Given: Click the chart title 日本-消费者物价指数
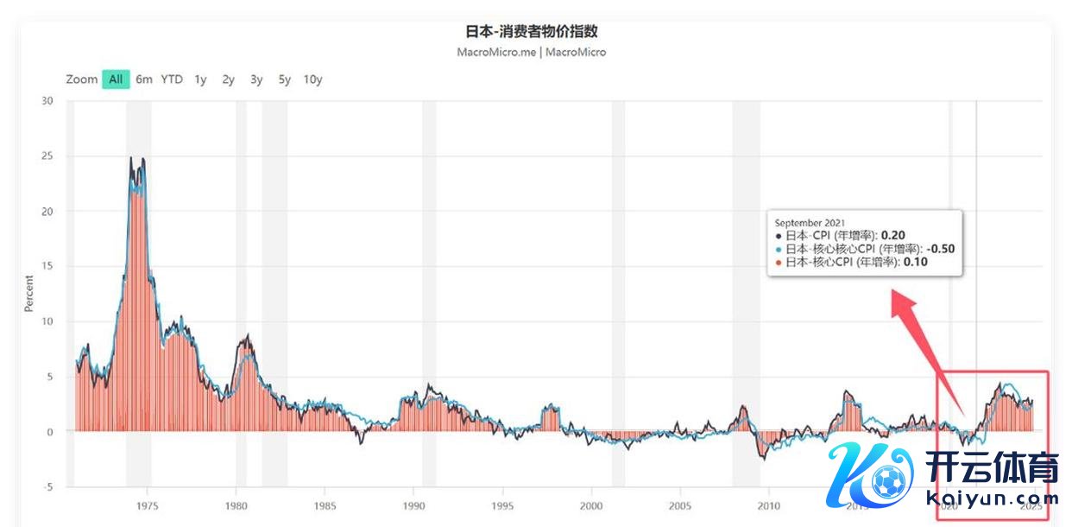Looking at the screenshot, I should [x=531, y=31].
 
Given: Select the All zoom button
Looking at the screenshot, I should [x=116, y=79].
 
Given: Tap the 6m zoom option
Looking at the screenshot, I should [x=144, y=79].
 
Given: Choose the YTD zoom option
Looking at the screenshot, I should [x=172, y=79].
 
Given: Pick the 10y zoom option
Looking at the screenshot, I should [x=312, y=79].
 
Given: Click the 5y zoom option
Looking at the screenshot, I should [x=285, y=79].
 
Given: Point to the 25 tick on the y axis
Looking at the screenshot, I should [x=47, y=156].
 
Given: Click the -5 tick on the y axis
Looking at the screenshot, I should [x=48, y=487].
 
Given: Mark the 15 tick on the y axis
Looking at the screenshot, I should [x=47, y=266].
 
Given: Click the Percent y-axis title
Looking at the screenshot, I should [x=29, y=293].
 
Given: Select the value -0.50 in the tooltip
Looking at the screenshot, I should [x=940, y=249].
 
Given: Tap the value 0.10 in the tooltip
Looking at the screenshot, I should [x=915, y=262].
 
